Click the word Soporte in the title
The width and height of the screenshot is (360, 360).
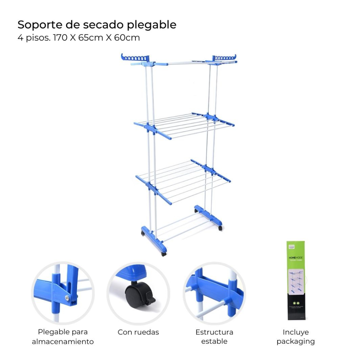pos(37,24)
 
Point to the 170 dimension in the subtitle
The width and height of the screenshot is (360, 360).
pos(60,37)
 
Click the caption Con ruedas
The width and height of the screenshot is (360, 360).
pos(138,332)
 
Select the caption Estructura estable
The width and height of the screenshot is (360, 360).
pos(214,337)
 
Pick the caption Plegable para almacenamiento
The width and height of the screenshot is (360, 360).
pos(63,337)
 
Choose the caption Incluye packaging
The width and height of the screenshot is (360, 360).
pos(296,337)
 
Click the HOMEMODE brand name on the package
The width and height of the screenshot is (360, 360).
pos(296,258)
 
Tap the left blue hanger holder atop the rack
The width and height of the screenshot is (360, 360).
pos(135,58)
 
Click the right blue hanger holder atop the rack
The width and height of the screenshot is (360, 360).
pos(224,58)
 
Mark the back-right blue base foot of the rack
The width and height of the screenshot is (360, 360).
pos(208,216)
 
